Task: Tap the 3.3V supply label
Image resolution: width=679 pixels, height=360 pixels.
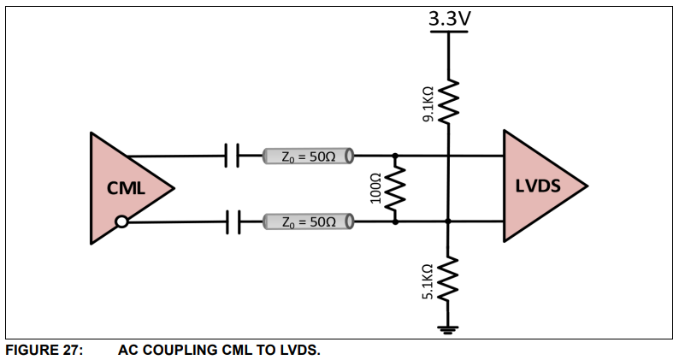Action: pyautogui.click(x=449, y=17)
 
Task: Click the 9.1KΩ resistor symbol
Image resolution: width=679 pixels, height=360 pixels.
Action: pyautogui.click(x=449, y=101)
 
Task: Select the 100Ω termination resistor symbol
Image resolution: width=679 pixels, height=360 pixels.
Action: pyautogui.click(x=395, y=189)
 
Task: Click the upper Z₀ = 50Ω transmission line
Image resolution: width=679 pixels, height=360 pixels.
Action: pyautogui.click(x=307, y=156)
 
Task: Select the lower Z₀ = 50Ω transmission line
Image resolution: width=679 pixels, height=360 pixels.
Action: pyautogui.click(x=307, y=222)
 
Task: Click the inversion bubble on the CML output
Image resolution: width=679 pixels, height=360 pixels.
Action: pyautogui.click(x=122, y=222)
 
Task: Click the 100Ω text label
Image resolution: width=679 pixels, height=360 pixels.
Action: pyautogui.click(x=375, y=189)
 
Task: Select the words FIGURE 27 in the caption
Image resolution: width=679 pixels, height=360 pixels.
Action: pyautogui.click(x=44, y=350)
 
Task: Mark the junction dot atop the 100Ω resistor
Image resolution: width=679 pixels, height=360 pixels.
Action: pyautogui.click(x=395, y=156)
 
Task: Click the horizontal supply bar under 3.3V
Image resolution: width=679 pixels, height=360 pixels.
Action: pyautogui.click(x=449, y=32)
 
